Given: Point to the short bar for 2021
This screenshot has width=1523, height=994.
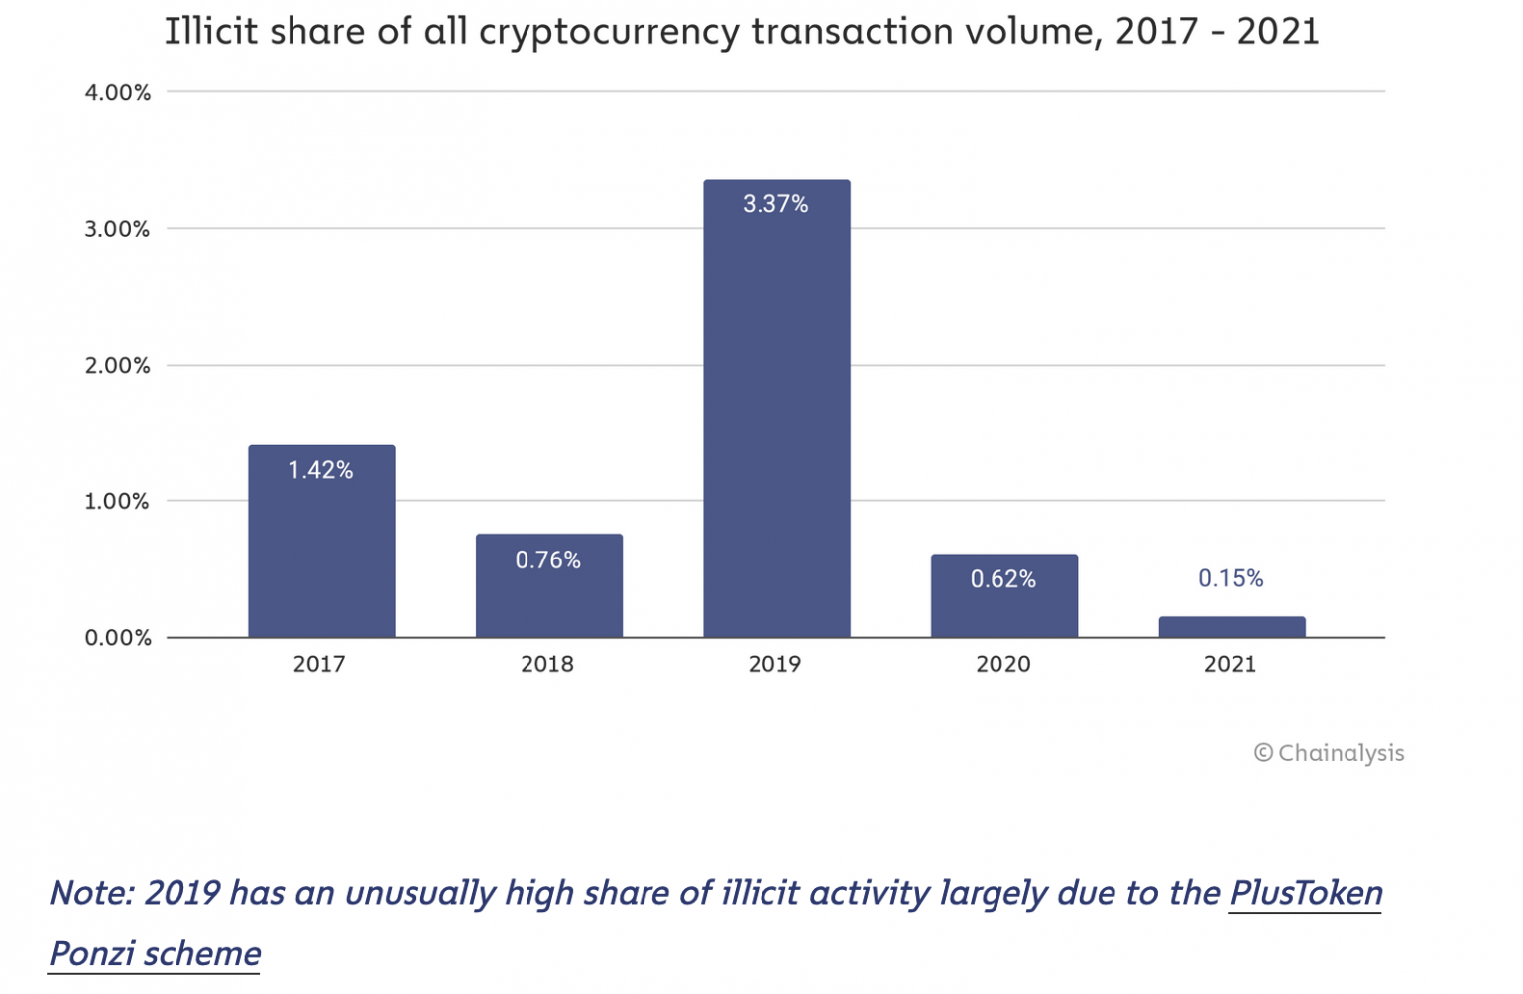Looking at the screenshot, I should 1231,627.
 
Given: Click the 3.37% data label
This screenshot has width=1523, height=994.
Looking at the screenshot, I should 775,204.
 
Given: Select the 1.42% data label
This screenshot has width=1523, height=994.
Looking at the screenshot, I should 320,470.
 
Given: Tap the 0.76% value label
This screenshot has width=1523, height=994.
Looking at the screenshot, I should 547,560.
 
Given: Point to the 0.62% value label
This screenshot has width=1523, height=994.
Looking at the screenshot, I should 1002,579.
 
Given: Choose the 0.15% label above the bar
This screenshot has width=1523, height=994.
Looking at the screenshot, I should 1230,578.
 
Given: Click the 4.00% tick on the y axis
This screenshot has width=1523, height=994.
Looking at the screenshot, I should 117,93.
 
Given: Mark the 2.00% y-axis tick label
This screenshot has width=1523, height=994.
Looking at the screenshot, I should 117,366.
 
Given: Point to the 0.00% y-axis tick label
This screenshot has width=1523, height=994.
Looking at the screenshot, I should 117,638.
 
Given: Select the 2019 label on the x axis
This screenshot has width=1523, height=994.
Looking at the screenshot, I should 774,664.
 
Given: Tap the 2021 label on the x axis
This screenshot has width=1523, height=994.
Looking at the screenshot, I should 1230,664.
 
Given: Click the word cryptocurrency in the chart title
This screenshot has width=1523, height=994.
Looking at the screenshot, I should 609,32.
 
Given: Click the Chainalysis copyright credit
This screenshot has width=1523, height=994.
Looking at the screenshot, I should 1330,753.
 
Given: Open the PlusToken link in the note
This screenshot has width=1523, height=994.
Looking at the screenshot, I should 1305,893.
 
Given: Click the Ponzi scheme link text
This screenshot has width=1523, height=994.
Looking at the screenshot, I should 155,953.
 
